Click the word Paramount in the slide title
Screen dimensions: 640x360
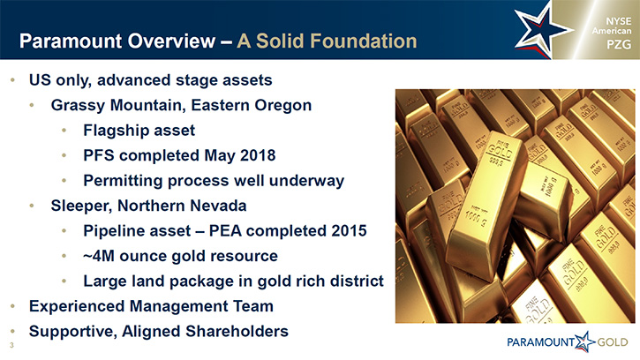[x=71, y=41]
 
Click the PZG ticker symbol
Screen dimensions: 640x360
[x=619, y=44]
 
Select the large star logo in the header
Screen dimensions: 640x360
[x=542, y=30]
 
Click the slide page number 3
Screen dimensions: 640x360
[x=11, y=345]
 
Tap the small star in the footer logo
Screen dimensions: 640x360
[x=585, y=341]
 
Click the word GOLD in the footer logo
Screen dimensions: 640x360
[x=613, y=342]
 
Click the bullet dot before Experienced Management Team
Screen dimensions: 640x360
[x=13, y=306]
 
